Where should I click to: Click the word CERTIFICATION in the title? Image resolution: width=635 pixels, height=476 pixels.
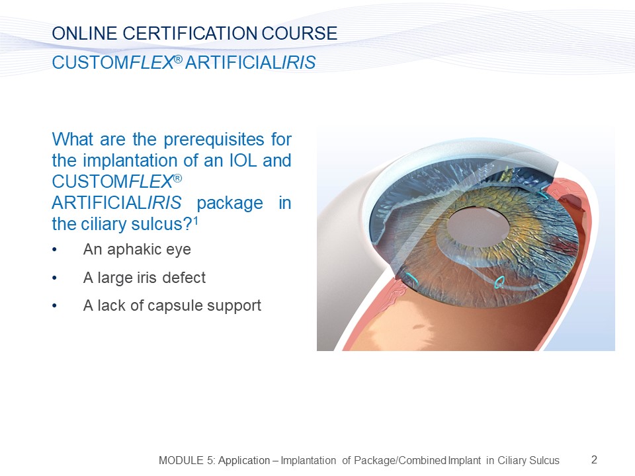tap(190, 33)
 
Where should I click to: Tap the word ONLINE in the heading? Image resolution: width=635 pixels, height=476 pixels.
tap(85, 33)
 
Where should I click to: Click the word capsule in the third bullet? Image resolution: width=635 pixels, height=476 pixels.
tap(175, 306)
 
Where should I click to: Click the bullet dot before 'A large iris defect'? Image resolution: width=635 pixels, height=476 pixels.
tap(54, 278)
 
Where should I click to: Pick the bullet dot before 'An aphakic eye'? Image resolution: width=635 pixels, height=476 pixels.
tap(54, 250)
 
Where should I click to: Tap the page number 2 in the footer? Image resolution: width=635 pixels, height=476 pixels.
tap(594, 460)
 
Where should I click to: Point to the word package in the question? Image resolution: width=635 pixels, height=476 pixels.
tap(230, 203)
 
